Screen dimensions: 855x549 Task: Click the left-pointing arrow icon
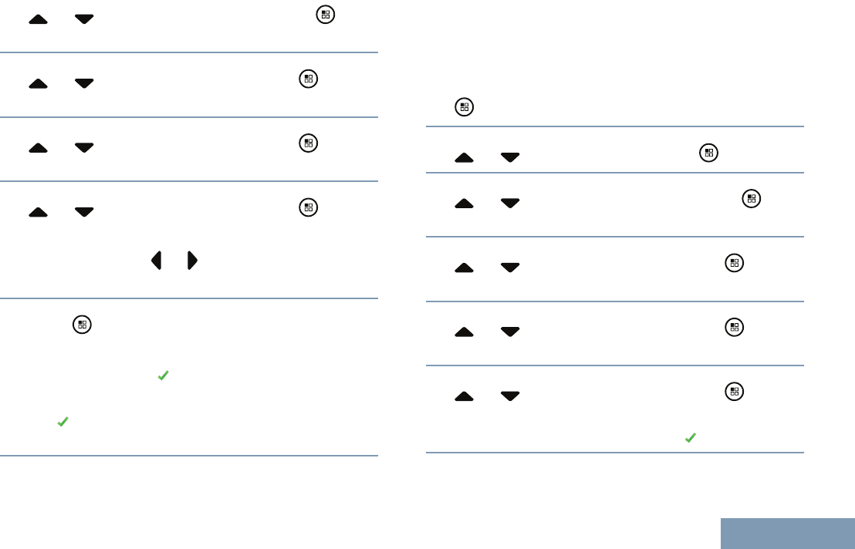click(x=156, y=261)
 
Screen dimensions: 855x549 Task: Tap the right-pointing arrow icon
click(x=192, y=261)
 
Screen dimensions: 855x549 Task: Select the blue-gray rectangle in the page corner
click(x=788, y=533)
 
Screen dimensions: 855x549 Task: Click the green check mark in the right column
click(x=691, y=437)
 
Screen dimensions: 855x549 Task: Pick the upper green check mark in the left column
click(x=163, y=375)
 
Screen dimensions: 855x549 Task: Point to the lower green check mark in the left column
click(x=63, y=422)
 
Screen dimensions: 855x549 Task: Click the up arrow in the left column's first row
click(x=38, y=19)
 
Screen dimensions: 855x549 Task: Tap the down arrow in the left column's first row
click(x=84, y=19)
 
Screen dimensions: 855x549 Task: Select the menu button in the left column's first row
click(x=325, y=15)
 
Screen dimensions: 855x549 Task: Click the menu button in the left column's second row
click(x=308, y=79)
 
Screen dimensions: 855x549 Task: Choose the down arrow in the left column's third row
click(x=84, y=147)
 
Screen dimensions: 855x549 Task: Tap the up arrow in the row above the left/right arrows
click(x=38, y=211)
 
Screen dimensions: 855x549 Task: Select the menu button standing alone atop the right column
click(x=464, y=108)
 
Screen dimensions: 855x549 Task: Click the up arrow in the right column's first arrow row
click(x=464, y=157)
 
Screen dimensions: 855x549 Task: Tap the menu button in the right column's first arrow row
click(x=708, y=153)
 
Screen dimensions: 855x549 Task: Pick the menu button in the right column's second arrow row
click(x=751, y=199)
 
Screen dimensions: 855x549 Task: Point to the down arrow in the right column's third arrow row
click(x=510, y=268)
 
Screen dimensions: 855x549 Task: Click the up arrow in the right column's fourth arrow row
click(x=464, y=332)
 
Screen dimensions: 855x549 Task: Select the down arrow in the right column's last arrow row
click(x=510, y=396)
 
